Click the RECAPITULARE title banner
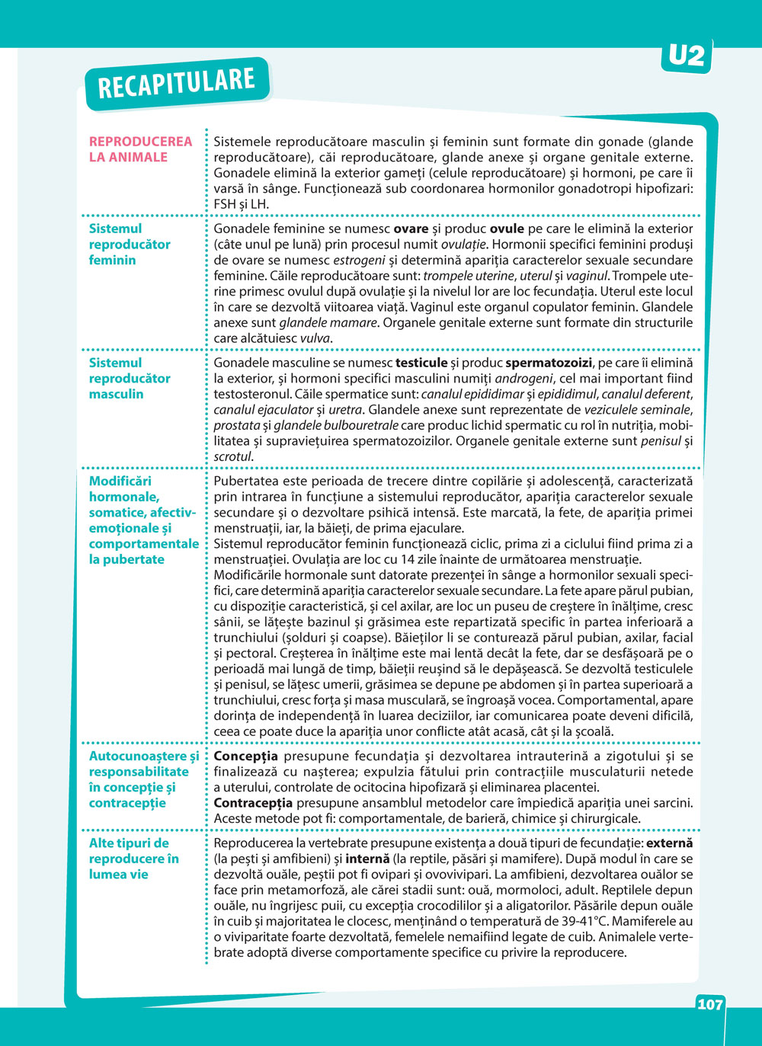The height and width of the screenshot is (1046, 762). (x=176, y=83)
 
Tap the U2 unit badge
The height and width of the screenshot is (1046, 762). (x=687, y=56)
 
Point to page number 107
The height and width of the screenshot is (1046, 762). (x=709, y=1004)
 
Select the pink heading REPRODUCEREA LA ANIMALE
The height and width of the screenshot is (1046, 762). (x=140, y=149)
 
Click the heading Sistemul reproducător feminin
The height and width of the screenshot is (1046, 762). (x=129, y=244)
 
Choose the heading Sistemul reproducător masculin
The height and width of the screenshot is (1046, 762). (x=129, y=378)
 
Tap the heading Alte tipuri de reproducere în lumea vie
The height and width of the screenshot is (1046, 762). (x=133, y=859)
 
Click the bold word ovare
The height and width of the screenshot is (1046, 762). (x=411, y=229)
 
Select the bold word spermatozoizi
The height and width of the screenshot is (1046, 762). (x=548, y=363)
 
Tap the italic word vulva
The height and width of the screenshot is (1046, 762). (x=315, y=338)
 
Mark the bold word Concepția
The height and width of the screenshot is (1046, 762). (x=245, y=756)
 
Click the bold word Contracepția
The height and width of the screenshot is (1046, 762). (x=253, y=803)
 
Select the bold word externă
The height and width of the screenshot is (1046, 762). (x=670, y=843)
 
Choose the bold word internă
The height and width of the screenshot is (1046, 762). (x=367, y=859)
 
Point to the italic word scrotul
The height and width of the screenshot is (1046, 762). (x=232, y=456)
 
